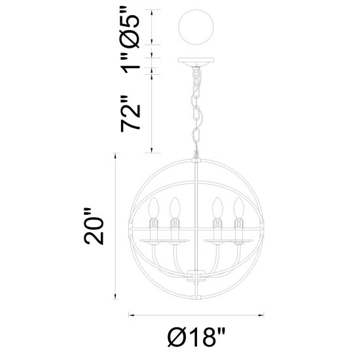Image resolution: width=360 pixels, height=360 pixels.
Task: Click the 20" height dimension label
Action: click(x=94, y=226)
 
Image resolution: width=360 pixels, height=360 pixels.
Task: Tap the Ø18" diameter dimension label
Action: click(x=196, y=337)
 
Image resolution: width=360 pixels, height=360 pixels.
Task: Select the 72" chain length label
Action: click(x=130, y=114)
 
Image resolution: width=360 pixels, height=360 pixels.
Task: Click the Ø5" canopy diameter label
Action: click(x=130, y=27)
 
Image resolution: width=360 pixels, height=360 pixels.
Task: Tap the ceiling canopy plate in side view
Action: click(x=196, y=61)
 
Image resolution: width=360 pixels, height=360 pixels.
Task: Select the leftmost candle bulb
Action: click(x=154, y=207)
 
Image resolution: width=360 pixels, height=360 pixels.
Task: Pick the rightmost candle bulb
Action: click(x=238, y=207)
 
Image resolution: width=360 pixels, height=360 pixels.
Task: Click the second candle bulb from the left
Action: click(x=175, y=207)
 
